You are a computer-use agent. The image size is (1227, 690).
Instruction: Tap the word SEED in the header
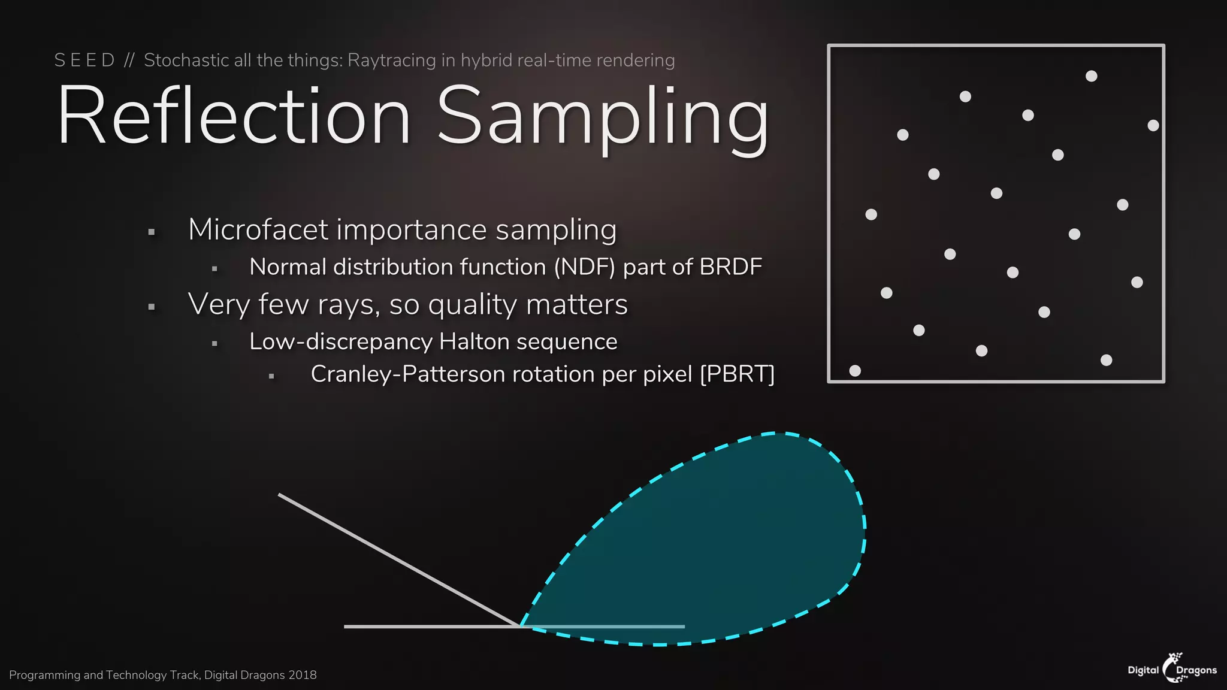coord(84,60)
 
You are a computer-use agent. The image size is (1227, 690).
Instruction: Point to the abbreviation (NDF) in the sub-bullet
coord(584,267)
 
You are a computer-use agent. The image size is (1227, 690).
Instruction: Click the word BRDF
coord(730,267)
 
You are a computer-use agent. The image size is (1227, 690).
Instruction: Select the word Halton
coord(474,341)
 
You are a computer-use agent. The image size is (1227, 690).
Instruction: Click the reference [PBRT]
coord(737,374)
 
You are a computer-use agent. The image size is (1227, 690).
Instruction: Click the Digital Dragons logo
coord(1172,668)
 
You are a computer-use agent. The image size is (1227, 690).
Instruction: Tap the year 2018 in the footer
coord(302,675)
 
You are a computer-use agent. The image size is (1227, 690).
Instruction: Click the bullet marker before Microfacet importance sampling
coord(152,232)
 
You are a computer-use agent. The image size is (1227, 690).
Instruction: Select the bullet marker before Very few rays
coord(152,307)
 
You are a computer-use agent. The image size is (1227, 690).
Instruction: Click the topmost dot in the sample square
coord(1091,76)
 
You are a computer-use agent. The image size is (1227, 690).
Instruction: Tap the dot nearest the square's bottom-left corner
coord(855,371)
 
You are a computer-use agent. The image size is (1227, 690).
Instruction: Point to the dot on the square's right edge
coord(1153,125)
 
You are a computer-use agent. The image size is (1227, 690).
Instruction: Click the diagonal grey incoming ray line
coord(398,560)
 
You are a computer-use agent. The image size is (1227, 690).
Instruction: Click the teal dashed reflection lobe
coord(719,539)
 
